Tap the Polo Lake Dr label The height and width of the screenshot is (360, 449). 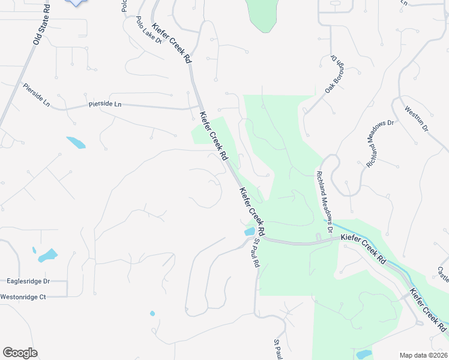point(149,30)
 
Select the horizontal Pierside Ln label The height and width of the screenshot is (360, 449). point(105,104)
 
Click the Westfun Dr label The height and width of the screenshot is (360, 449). point(416,119)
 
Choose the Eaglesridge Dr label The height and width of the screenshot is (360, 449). point(28,281)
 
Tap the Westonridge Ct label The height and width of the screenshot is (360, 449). point(23,296)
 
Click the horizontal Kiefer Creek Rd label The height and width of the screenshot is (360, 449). point(363,238)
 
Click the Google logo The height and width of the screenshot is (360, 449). point(20,353)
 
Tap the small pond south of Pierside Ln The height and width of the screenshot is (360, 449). point(76,143)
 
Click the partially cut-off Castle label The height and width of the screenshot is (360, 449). point(443,275)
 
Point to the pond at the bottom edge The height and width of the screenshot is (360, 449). point(364,355)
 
